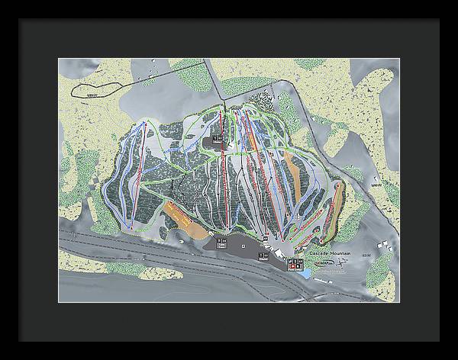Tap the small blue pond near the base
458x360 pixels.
point(306,272)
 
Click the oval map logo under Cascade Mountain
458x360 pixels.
point(321,262)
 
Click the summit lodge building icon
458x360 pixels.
point(218,137)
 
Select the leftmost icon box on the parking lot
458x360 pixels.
point(222,243)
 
